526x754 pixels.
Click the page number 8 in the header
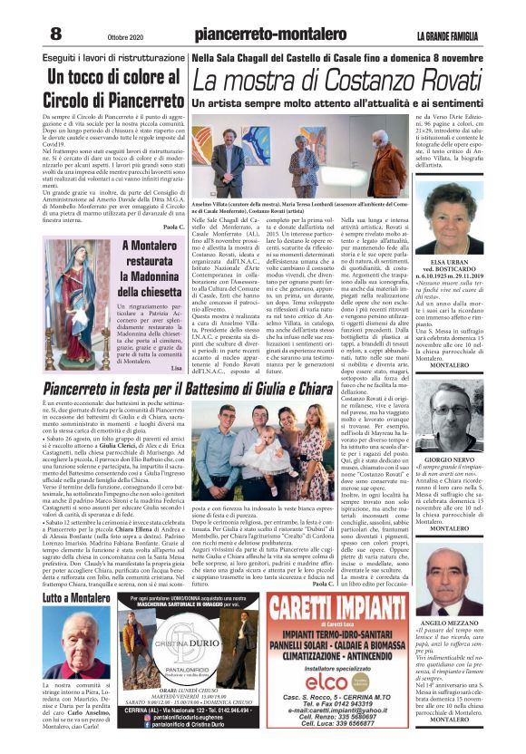point(55,34)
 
